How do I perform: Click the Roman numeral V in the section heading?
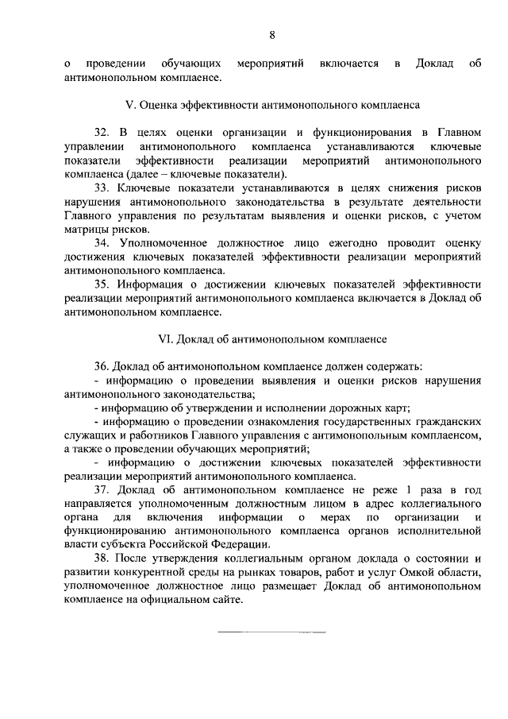(132, 105)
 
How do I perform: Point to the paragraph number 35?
(100, 284)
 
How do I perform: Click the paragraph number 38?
(100, 559)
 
